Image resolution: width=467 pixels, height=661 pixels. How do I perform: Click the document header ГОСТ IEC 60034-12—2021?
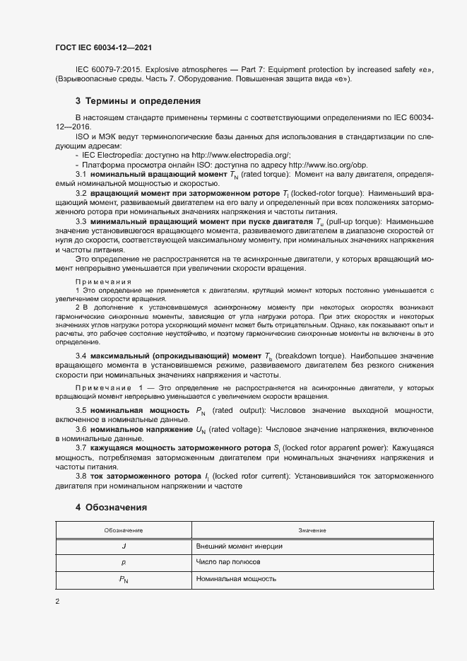pos(103,48)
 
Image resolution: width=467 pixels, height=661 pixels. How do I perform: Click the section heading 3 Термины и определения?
pos(138,101)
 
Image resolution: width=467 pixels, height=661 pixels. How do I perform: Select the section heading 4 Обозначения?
pos(111,507)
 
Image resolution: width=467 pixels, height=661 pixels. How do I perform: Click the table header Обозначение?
pos(124,530)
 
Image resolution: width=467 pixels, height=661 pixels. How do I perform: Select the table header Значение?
pos(312,530)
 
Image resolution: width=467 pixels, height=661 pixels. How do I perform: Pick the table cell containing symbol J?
pos(124,546)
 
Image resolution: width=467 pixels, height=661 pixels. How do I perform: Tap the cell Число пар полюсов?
pos(228,562)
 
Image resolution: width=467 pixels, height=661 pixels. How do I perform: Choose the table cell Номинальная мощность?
pos(235,578)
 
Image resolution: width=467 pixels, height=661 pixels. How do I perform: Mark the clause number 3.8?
pos(81,477)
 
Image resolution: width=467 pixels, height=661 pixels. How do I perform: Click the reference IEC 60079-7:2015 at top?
pos(102,69)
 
